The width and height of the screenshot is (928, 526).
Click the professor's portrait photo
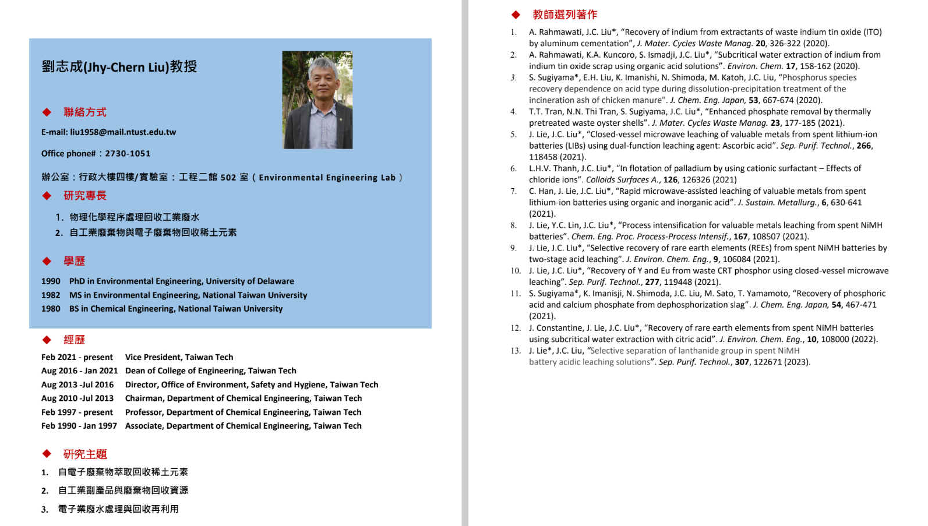[x=317, y=100]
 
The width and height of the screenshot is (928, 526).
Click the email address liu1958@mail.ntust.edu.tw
[x=123, y=132]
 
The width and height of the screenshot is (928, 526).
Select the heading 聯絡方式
[x=85, y=112]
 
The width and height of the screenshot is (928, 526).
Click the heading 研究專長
[x=85, y=196]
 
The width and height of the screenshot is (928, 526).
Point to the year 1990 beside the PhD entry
[x=51, y=281]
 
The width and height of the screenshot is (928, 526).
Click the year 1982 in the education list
[x=51, y=295]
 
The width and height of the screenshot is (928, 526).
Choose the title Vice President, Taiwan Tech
[x=179, y=357]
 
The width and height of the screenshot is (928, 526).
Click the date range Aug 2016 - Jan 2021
[x=79, y=371]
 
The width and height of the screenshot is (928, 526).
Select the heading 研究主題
[x=85, y=454]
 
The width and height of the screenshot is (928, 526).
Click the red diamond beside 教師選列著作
[x=516, y=15]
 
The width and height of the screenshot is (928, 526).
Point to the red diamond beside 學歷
[x=47, y=262]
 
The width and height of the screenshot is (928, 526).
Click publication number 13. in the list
[x=516, y=351]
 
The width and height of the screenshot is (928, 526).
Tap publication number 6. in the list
[x=513, y=169]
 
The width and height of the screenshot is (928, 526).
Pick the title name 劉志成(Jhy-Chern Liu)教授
[x=119, y=67]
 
